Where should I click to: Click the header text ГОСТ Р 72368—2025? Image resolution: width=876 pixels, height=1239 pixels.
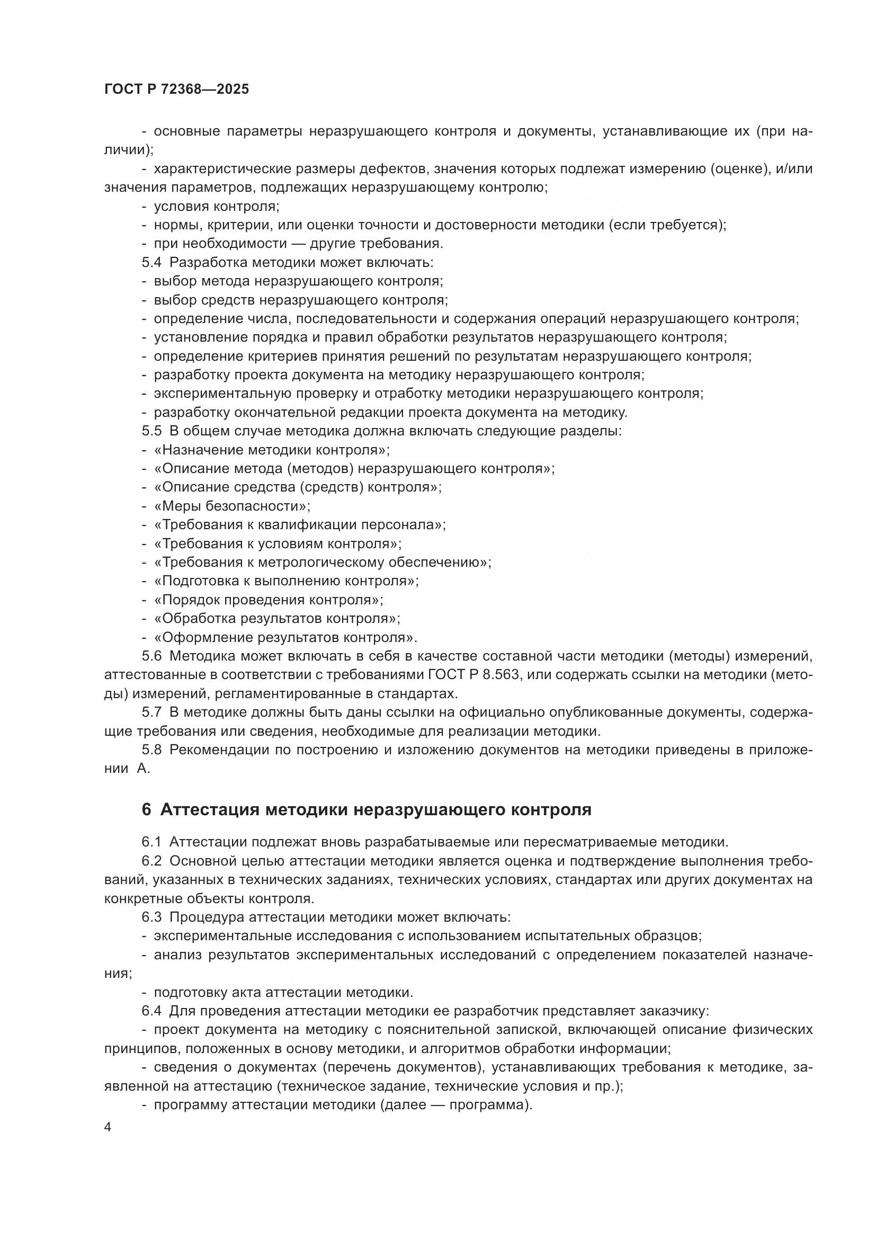pyautogui.click(x=176, y=90)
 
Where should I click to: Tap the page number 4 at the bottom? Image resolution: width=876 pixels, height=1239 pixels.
pyautogui.click(x=108, y=1127)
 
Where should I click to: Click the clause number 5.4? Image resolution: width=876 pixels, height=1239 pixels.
pyautogui.click(x=151, y=263)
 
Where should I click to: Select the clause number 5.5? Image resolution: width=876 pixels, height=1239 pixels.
pyautogui.click(x=151, y=431)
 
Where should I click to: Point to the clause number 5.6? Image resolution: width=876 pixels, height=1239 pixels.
pyautogui.click(x=151, y=656)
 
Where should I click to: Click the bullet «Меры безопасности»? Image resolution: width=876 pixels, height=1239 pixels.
pyautogui.click(x=232, y=506)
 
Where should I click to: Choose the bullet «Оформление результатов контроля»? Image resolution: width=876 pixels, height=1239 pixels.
pyautogui.click(x=285, y=638)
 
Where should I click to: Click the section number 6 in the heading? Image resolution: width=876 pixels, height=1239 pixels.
pyautogui.click(x=146, y=810)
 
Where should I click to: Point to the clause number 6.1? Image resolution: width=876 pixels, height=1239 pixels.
pyautogui.click(x=151, y=842)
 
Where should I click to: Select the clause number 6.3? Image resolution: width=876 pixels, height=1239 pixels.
pyautogui.click(x=151, y=917)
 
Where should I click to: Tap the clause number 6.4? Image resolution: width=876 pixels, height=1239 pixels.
pyautogui.click(x=151, y=1011)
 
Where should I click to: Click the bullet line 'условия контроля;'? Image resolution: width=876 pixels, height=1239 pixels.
pyautogui.click(x=216, y=206)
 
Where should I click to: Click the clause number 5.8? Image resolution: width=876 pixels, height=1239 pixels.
pyautogui.click(x=151, y=750)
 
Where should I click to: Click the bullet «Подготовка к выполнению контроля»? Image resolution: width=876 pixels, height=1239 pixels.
pyautogui.click(x=286, y=581)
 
